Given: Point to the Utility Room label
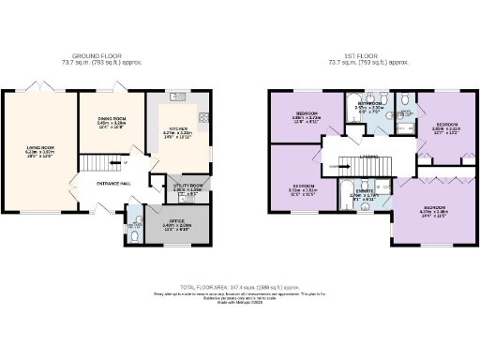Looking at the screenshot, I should tap(185, 187).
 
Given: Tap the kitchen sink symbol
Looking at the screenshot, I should tap(176, 97).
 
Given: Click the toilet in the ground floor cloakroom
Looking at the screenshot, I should tap(135, 237).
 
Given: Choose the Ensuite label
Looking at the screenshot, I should tap(362, 195).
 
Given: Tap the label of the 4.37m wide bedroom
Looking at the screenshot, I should tap(433, 208).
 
